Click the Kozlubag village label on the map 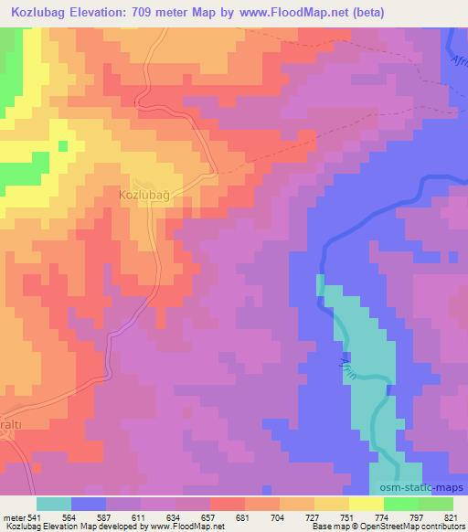click(x=145, y=195)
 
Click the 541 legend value click(x=30, y=517)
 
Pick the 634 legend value click(x=156, y=517)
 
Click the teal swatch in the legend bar click(x=55, y=504)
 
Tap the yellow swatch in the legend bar click(x=366, y=504)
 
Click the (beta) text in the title click(x=365, y=13)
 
